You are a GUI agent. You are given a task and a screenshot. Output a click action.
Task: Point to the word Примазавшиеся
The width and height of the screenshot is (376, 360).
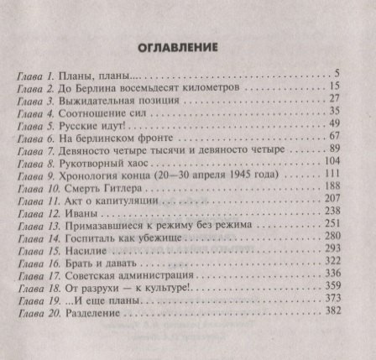pos(107,224)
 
